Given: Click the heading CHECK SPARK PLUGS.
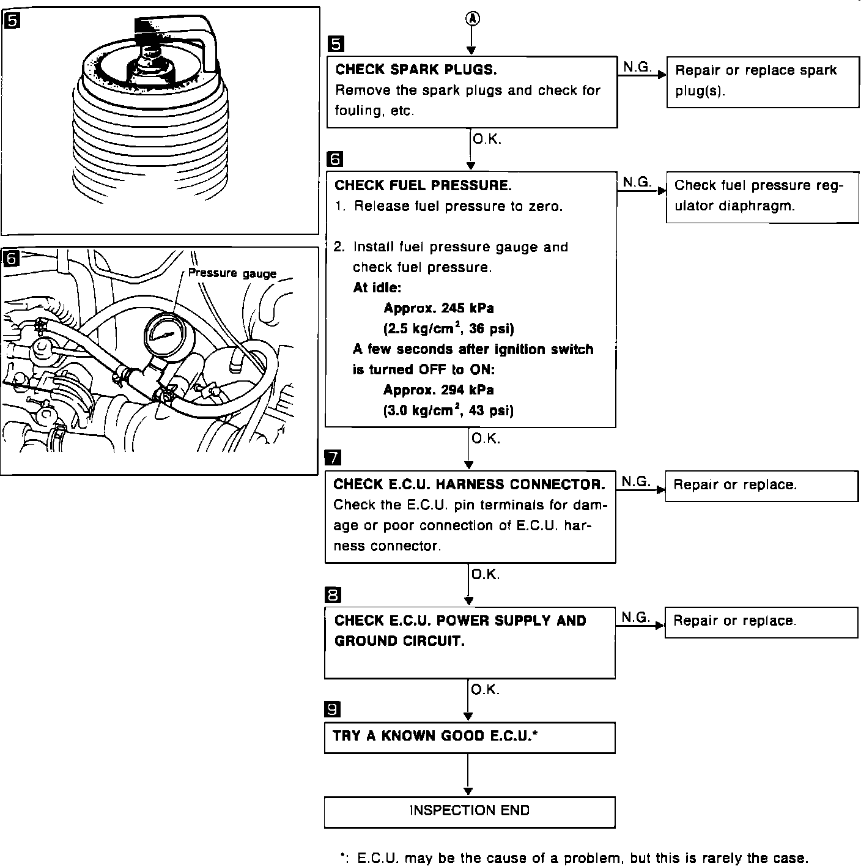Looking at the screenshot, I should tap(416, 70).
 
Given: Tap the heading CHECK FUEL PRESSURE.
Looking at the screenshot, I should tap(423, 185).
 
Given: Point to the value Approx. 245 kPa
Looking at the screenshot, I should tap(438, 308).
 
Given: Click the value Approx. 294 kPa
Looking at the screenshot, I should tap(438, 390).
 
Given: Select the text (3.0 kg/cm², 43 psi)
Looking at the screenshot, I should tap(448, 410).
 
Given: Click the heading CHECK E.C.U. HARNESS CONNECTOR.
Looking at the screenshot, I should tap(469, 484).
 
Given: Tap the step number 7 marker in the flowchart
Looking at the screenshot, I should tap(333, 457).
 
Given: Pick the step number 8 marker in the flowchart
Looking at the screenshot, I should tap(333, 594).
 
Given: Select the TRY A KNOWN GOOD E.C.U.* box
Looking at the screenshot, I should tap(469, 737).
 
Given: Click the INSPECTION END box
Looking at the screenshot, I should tap(469, 812).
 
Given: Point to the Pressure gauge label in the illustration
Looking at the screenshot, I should tap(232, 273).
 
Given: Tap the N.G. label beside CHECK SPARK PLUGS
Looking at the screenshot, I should tap(637, 67).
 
